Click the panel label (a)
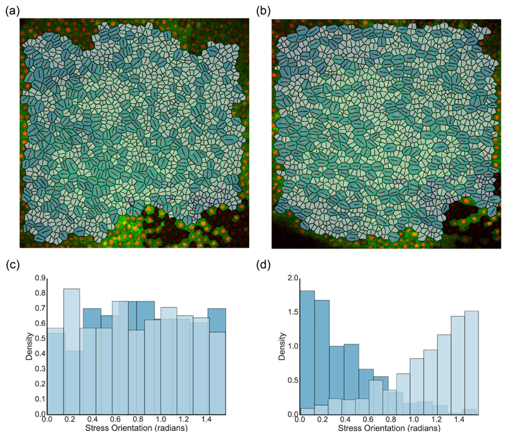point(11,10)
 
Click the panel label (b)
point(264,10)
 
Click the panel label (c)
point(11,265)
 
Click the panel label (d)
point(264,265)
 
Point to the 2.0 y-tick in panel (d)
point(292,278)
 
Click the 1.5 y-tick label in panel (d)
point(292,312)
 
